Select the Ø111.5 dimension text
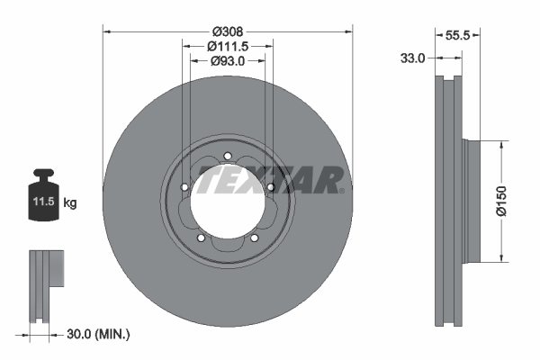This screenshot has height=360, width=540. point(228,46)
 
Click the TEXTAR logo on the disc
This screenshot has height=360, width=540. point(270,181)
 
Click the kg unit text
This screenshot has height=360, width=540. point(70,203)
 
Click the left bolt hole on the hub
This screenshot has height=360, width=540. point(184,187)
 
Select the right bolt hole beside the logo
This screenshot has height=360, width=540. point(269,187)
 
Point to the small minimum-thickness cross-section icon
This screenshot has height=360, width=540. point(45,285)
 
